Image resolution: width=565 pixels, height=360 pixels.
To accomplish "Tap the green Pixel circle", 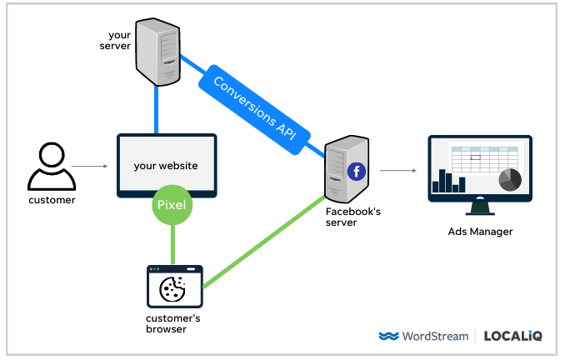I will click(x=172, y=204).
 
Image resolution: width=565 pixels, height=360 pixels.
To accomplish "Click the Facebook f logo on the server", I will click(x=357, y=172).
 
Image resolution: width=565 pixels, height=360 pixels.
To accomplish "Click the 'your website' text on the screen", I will click(x=166, y=166).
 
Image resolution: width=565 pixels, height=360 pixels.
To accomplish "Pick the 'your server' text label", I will click(x=119, y=40).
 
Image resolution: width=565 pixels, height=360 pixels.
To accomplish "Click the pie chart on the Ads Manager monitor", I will click(x=509, y=179).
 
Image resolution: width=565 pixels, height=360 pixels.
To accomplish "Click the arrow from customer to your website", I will click(x=90, y=167).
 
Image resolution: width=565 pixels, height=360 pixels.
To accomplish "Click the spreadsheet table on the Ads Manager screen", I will click(x=482, y=158).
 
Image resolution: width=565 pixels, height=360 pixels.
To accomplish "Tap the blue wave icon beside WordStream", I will click(x=388, y=337).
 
